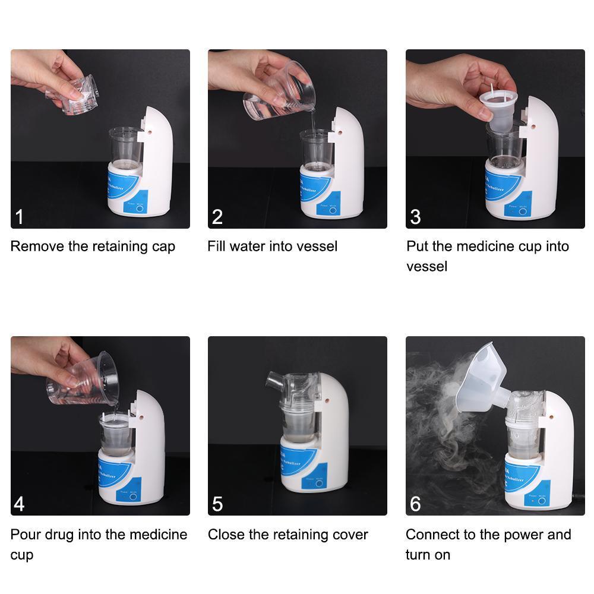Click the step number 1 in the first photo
[x=19, y=217]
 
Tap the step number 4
[x=19, y=504]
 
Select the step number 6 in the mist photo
[x=415, y=504]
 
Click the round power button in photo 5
[x=320, y=484]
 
